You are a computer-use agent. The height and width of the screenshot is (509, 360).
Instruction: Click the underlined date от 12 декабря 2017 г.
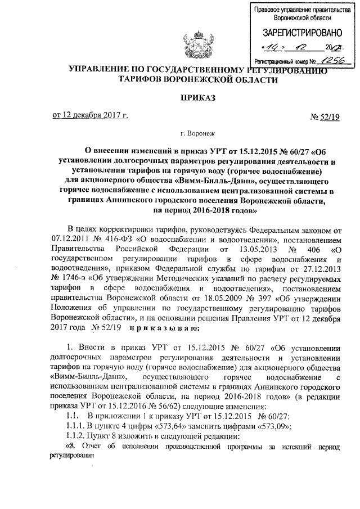(x=90, y=116)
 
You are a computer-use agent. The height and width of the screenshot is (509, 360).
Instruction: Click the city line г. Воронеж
(x=196, y=135)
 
